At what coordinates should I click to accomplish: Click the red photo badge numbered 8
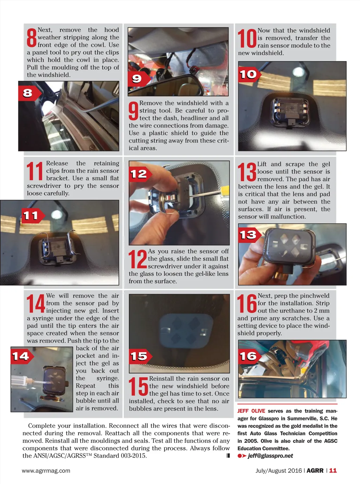tap(30, 93)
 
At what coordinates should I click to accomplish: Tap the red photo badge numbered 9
tap(139, 79)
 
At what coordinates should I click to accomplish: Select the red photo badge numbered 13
tap(250, 235)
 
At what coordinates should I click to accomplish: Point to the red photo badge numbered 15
tap(140, 356)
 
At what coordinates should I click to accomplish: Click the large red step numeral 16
tap(247, 304)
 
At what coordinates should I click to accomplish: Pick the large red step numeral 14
tap(36, 304)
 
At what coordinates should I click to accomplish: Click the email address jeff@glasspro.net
tap(270, 456)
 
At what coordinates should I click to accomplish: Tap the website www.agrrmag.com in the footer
tap(46, 471)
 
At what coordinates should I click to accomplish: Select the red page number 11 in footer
tap(333, 471)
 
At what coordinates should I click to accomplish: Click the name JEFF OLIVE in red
tap(251, 411)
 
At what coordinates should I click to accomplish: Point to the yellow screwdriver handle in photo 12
tap(225, 191)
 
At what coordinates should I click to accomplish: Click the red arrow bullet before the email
tap(242, 456)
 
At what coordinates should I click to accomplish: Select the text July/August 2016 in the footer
tap(279, 471)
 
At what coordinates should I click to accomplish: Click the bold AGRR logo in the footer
tap(315, 471)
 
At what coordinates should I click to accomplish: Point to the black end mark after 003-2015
tap(228, 456)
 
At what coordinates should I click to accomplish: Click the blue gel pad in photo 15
tap(186, 331)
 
